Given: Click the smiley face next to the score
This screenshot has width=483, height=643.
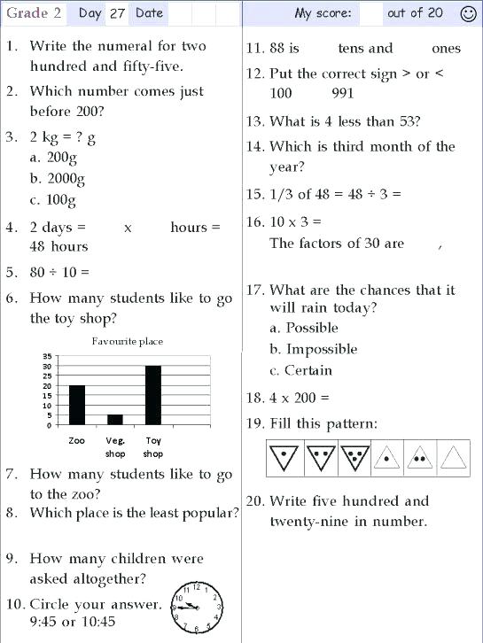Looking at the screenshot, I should [468, 13].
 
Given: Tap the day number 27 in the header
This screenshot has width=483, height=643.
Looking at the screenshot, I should [117, 13].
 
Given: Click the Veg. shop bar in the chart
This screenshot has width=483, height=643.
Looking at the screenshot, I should [114, 419].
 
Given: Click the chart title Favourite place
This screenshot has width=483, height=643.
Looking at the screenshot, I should [128, 341].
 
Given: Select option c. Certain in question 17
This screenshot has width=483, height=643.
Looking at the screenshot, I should [301, 370].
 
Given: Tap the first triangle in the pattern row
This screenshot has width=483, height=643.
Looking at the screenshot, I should [283, 457].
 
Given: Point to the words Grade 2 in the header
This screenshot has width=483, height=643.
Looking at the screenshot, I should [27, 13].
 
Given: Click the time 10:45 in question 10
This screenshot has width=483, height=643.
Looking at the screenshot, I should [97, 622].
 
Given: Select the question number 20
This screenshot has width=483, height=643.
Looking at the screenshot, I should [255, 501].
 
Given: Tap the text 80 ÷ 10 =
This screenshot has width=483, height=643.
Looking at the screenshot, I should [59, 273].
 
